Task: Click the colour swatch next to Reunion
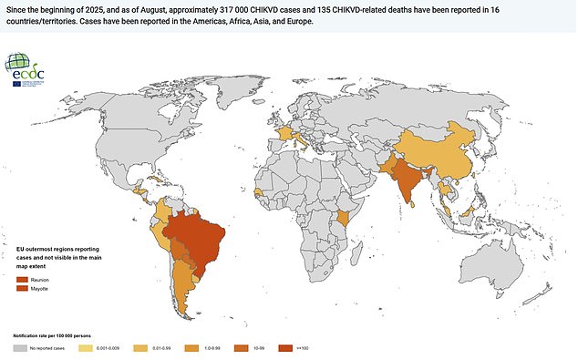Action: [22, 279]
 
